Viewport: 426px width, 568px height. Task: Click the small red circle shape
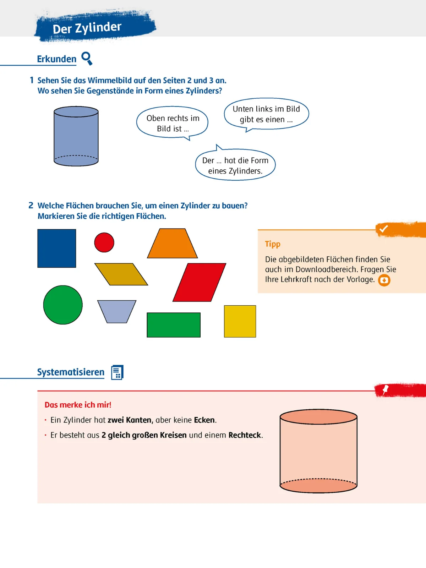(x=104, y=242)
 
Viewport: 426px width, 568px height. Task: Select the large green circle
(x=63, y=305)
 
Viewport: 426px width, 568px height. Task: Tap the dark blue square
(x=57, y=248)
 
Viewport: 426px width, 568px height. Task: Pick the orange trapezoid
(x=173, y=244)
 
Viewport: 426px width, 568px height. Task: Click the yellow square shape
(x=240, y=321)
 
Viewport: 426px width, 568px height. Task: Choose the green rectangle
(x=174, y=325)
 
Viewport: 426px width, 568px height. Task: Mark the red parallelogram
(x=199, y=282)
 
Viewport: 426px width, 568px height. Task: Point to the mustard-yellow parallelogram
(x=121, y=274)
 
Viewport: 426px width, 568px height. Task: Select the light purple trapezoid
(x=117, y=311)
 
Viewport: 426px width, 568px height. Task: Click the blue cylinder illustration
(x=76, y=136)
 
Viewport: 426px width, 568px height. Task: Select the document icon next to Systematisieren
(x=117, y=372)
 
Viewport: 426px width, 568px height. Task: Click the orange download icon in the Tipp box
(x=384, y=280)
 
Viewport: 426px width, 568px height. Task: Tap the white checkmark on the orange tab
(x=383, y=229)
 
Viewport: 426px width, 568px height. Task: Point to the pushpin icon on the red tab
(x=386, y=390)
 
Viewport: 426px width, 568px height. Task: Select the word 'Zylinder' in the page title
(x=98, y=27)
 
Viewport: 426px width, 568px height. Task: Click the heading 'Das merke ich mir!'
(x=78, y=405)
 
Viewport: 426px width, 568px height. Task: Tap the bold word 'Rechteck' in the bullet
(x=245, y=435)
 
